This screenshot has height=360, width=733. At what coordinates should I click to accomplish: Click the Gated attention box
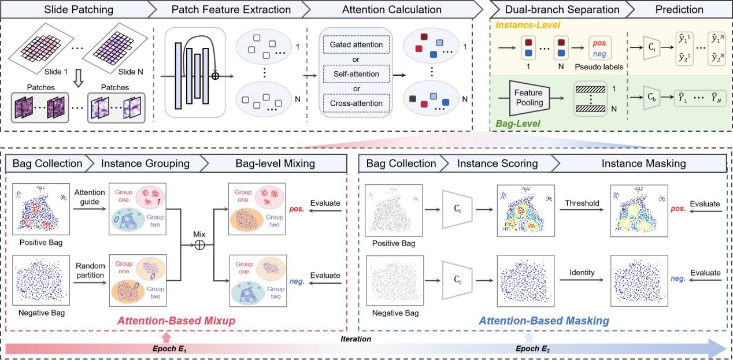(x=356, y=45)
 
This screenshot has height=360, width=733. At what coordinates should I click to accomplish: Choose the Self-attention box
(x=356, y=74)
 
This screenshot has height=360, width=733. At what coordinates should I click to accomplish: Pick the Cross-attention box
(x=356, y=103)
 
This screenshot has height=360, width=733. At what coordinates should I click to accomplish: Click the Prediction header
(x=678, y=9)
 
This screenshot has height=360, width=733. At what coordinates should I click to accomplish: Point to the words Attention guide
(x=88, y=196)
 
